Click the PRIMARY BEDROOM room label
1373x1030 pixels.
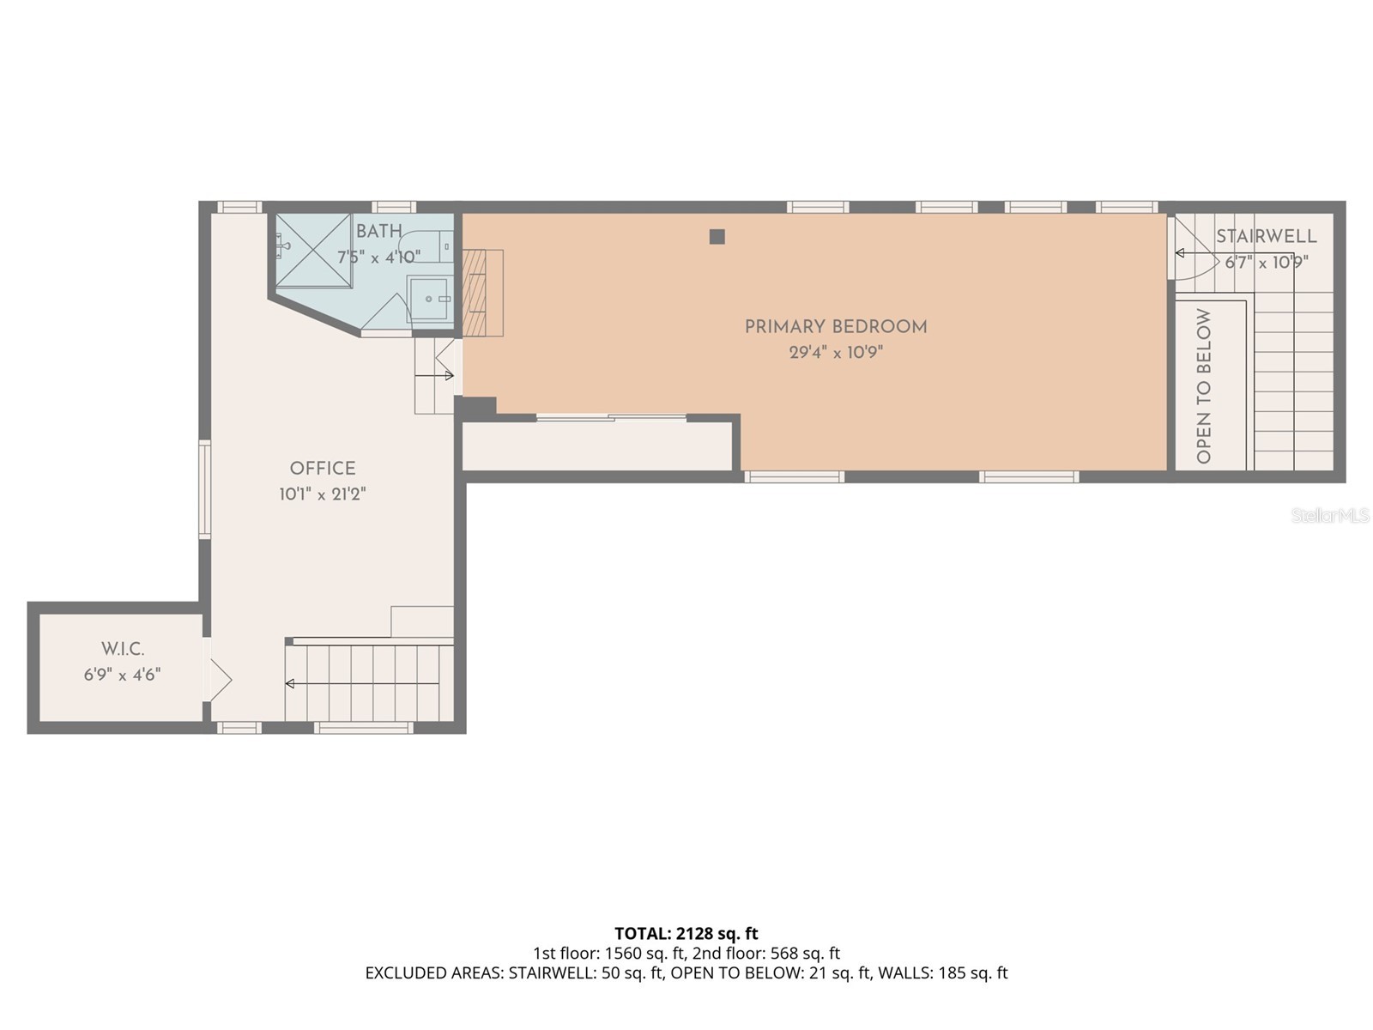(x=835, y=327)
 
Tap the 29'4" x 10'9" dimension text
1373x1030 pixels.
(x=835, y=353)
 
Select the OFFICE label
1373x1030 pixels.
(x=322, y=469)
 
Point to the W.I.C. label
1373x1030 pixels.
(x=123, y=650)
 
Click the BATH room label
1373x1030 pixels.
(x=378, y=232)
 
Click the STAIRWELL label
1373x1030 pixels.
(x=1266, y=237)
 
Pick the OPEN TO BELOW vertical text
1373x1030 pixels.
(x=1203, y=386)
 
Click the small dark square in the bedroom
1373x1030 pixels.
(x=717, y=237)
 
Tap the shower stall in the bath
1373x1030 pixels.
(x=313, y=251)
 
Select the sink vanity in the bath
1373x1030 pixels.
(x=429, y=298)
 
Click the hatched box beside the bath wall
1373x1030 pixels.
(x=482, y=293)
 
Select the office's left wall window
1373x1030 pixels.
(x=204, y=489)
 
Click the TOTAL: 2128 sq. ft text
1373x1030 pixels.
(x=686, y=933)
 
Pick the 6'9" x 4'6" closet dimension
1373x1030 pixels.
(x=123, y=676)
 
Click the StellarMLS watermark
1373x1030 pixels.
(x=1329, y=516)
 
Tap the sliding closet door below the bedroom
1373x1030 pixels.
(x=611, y=418)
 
